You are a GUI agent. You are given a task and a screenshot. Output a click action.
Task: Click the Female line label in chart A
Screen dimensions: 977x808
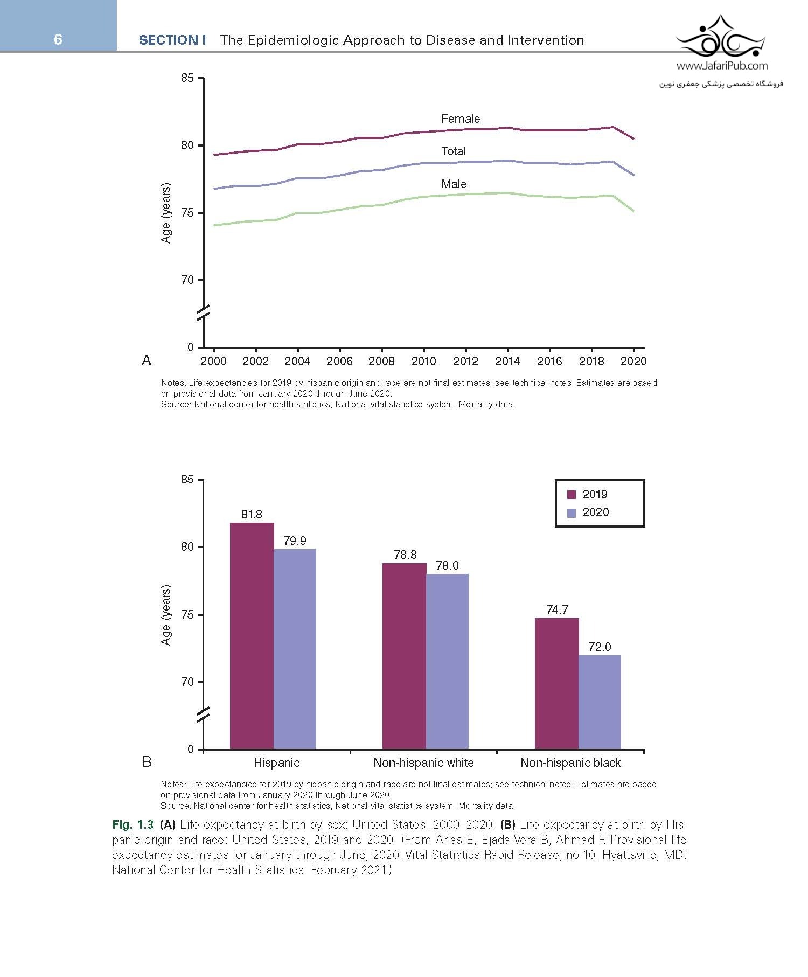point(460,119)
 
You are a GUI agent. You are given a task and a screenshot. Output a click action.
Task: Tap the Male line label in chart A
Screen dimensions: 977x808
point(454,184)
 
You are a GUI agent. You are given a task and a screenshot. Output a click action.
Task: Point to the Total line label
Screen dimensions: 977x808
point(454,151)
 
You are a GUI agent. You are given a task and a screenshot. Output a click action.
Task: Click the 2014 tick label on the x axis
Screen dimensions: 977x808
point(507,361)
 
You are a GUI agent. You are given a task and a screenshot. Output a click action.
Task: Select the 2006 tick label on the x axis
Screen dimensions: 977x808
point(339,361)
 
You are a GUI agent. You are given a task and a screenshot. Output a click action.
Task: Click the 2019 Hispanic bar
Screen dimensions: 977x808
point(252,636)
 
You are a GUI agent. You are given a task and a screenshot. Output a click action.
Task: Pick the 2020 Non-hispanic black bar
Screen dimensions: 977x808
point(600,702)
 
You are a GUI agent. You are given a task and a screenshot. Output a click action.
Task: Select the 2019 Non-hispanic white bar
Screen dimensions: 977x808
point(404,656)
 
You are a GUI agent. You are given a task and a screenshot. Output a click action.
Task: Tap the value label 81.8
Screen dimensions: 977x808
point(252,515)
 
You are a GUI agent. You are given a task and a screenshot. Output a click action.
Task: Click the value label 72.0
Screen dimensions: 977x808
point(600,647)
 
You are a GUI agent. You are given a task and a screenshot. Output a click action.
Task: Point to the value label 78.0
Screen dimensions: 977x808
point(447,565)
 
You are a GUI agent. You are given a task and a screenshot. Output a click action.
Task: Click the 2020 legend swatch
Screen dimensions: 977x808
point(572,513)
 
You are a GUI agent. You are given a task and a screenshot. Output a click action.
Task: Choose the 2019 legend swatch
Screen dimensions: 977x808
point(572,495)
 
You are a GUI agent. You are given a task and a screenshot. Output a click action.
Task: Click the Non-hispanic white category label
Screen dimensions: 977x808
point(423,763)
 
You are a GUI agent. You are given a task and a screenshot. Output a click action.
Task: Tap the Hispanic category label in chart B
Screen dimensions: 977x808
point(276,763)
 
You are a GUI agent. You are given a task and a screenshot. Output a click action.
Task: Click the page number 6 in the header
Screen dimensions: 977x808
point(58,39)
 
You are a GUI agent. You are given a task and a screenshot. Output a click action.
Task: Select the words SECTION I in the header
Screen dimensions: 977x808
point(172,40)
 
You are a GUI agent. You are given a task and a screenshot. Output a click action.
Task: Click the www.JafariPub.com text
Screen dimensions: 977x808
point(722,66)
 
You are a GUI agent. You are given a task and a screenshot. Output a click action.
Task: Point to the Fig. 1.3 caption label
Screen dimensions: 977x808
point(133,825)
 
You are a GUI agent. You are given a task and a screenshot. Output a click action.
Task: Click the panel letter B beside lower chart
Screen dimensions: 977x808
point(147,762)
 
